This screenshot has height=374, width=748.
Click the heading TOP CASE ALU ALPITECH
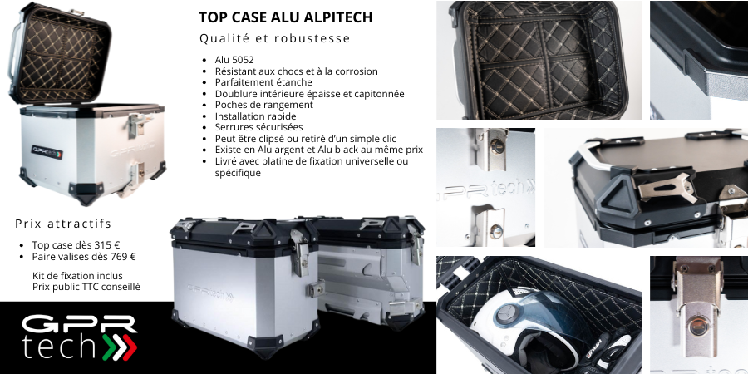tap(285, 17)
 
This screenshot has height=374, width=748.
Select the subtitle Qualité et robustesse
tap(275, 38)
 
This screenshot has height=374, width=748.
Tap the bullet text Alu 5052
tap(234, 60)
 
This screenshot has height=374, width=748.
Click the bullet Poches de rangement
tap(263, 105)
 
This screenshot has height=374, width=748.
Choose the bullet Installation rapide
tap(255, 116)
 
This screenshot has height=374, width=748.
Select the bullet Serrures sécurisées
tap(258, 127)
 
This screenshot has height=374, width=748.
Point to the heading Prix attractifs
tap(63, 224)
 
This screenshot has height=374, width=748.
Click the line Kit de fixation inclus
tap(77, 276)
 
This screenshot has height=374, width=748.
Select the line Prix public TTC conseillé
tap(86, 287)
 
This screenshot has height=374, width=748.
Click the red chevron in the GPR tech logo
tap(128, 347)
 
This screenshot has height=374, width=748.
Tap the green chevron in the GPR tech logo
tap(108, 347)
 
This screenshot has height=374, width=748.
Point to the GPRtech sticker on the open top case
tap(47, 152)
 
